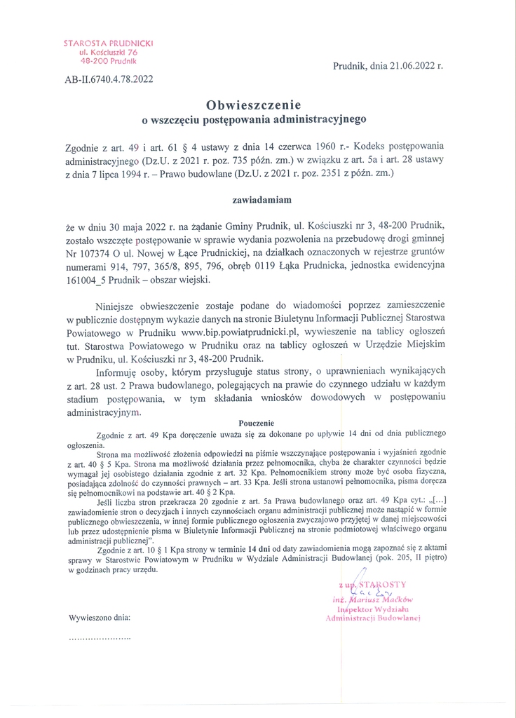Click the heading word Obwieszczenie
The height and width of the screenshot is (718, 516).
click(257, 104)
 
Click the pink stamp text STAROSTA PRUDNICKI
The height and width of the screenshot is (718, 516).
click(109, 43)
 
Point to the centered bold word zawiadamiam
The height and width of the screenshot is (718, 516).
click(257, 200)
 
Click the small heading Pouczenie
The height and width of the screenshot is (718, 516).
click(257, 423)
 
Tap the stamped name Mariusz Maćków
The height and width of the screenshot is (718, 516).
click(383, 600)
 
